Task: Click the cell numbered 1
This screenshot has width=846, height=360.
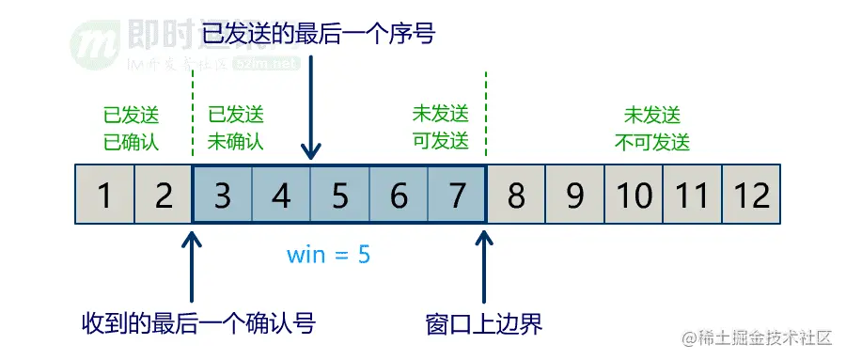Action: coord(104,196)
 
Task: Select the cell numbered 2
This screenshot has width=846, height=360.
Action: coord(164,196)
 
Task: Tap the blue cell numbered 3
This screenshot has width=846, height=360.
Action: coord(223,196)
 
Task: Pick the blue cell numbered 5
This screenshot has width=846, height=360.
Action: coord(340,196)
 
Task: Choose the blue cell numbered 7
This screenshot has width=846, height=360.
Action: coord(457,196)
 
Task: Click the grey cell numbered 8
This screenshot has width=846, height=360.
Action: coord(516,196)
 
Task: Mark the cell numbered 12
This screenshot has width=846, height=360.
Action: coord(752,196)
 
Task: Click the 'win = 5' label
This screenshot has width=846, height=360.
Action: coord(329,254)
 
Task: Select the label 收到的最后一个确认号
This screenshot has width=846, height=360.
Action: coord(197,324)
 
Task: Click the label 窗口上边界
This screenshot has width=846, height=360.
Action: coord(484,324)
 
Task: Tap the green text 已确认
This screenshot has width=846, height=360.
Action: coord(132,143)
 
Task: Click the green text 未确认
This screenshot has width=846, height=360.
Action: coord(236,143)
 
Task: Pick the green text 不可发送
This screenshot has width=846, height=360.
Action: coord(652,143)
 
